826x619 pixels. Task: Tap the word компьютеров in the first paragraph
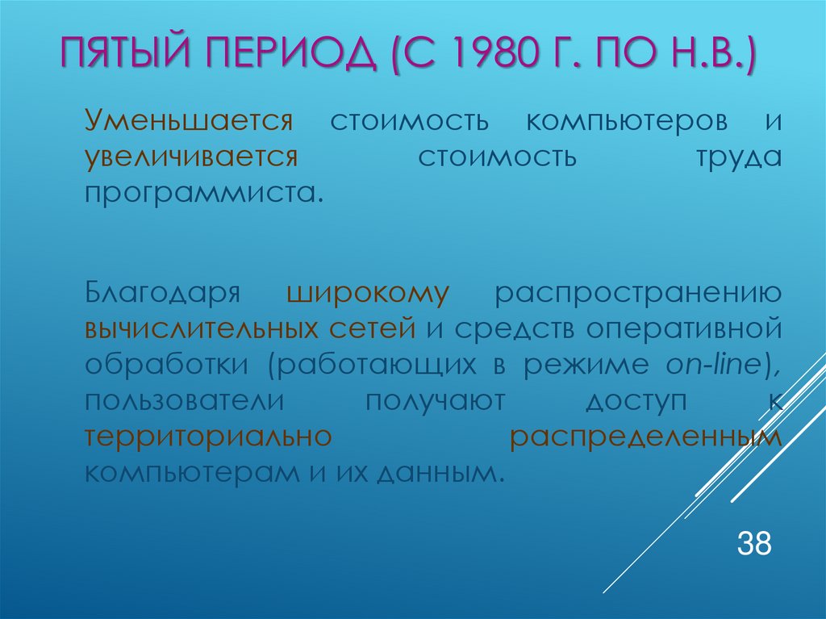626,122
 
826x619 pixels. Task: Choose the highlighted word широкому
366,291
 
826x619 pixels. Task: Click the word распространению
639,292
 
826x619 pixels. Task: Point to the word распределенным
646,437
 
